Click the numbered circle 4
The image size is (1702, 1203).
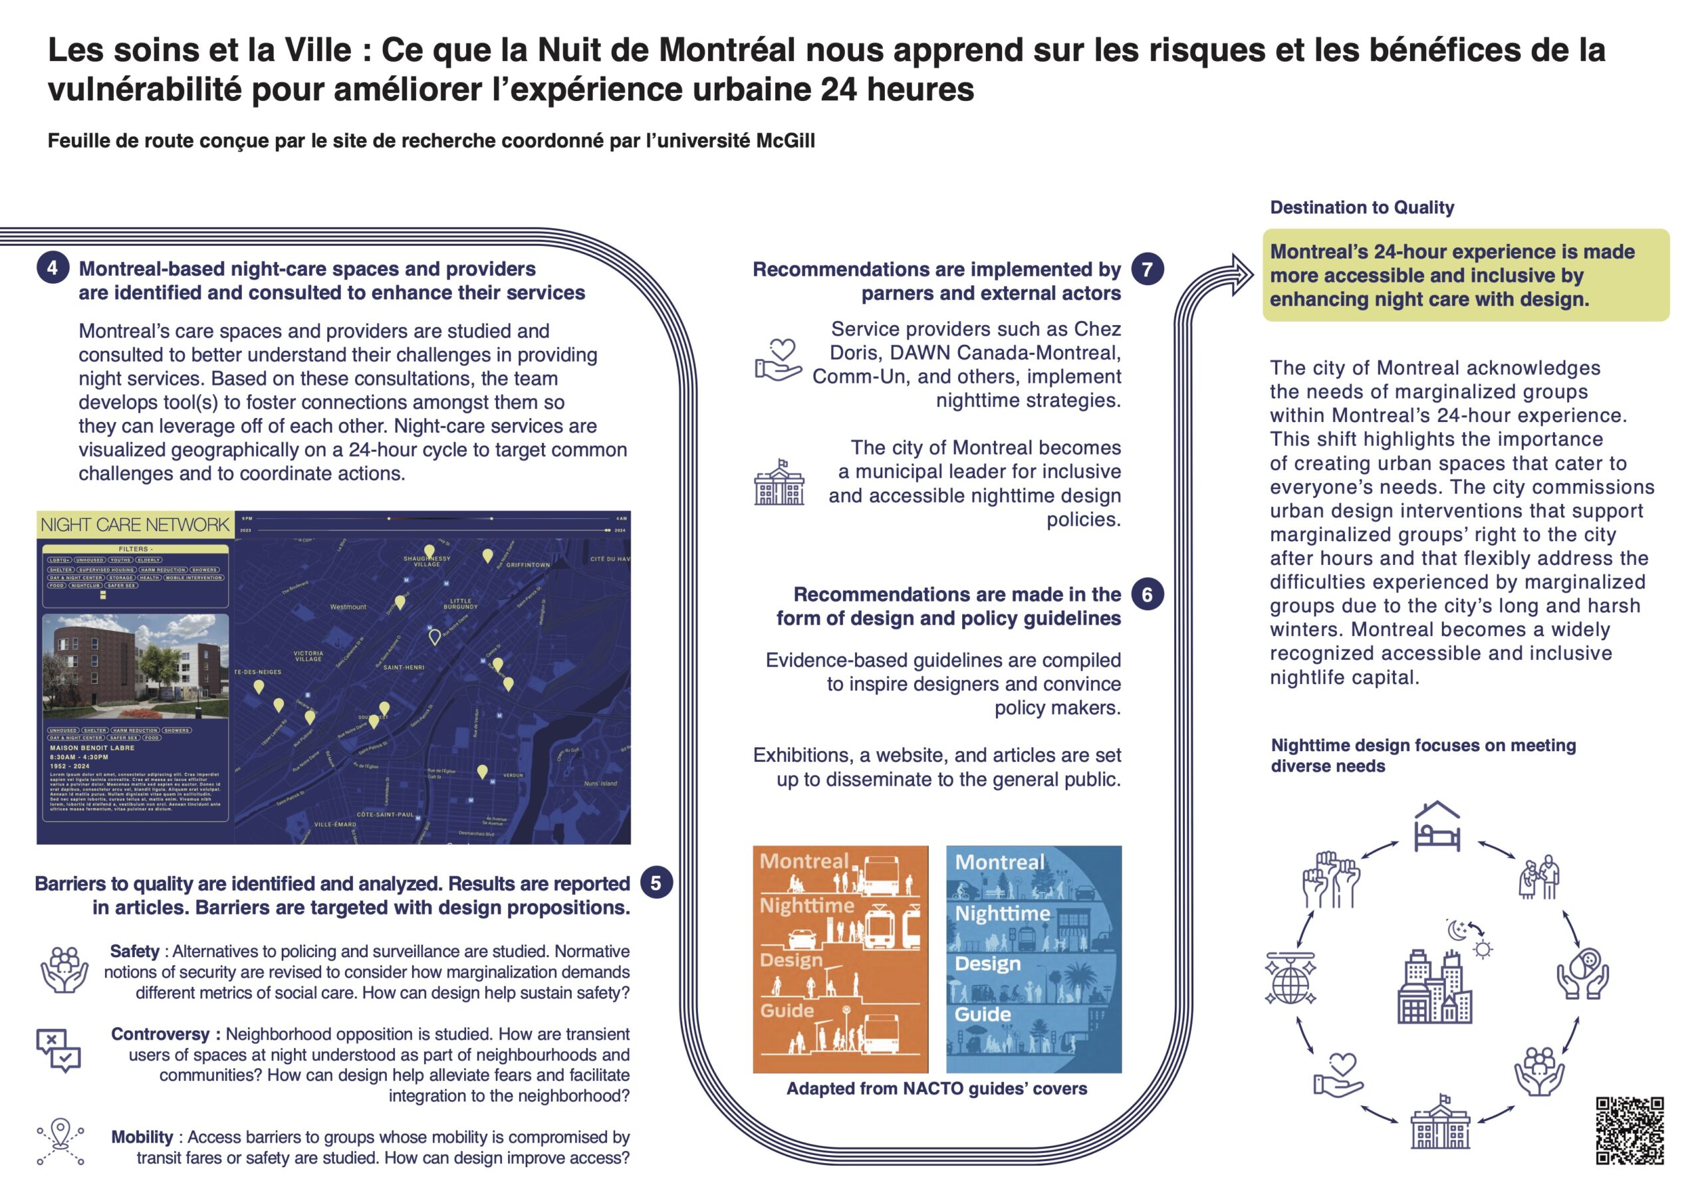pyautogui.click(x=53, y=268)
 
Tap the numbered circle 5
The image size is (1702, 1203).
pyautogui.click(x=656, y=883)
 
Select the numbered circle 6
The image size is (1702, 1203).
pyautogui.click(x=1147, y=594)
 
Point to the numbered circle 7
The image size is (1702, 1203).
pyautogui.click(x=1147, y=269)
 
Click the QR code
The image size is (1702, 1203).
pyautogui.click(x=1630, y=1131)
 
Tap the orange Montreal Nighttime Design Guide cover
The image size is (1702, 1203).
pyautogui.click(x=840, y=959)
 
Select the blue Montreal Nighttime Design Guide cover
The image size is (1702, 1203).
pyautogui.click(x=1033, y=959)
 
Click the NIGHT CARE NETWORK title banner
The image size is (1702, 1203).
pyautogui.click(x=135, y=525)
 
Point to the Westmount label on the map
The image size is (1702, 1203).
pyautogui.click(x=348, y=607)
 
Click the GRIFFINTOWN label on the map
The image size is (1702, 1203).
pyautogui.click(x=528, y=565)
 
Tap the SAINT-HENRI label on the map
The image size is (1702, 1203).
pyautogui.click(x=404, y=667)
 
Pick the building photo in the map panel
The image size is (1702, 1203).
pyautogui.click(x=136, y=667)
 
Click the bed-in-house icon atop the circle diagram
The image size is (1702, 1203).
pyautogui.click(x=1437, y=825)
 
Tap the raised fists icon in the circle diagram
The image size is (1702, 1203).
pyautogui.click(x=1330, y=880)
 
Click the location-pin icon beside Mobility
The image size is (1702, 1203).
pyautogui.click(x=61, y=1141)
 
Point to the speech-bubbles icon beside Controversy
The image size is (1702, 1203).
pyautogui.click(x=59, y=1049)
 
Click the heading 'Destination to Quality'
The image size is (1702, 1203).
pyautogui.click(x=1362, y=207)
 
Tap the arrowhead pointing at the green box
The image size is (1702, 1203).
pyautogui.click(x=1243, y=274)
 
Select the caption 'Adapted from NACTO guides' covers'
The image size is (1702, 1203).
pyautogui.click(x=936, y=1088)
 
